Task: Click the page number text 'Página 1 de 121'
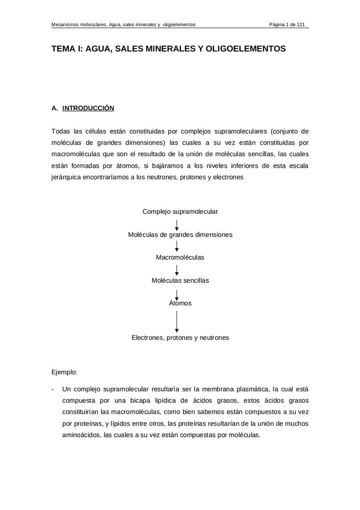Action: tap(287, 25)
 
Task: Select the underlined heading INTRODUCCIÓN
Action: tap(88, 108)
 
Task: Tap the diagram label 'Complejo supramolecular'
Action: tap(180, 212)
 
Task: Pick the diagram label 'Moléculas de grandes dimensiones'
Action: tap(180, 235)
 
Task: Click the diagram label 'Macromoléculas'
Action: tap(180, 258)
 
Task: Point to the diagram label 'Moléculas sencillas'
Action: tap(180, 281)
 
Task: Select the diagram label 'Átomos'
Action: tap(180, 303)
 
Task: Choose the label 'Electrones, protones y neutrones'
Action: tap(180, 338)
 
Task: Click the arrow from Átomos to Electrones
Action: tap(177, 321)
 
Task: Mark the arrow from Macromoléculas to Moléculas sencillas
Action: tap(177, 270)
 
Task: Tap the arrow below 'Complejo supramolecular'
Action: tap(177, 224)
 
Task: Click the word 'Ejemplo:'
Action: tap(64, 372)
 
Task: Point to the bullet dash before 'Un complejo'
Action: tap(53, 389)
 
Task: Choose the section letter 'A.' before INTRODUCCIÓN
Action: tap(55, 108)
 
